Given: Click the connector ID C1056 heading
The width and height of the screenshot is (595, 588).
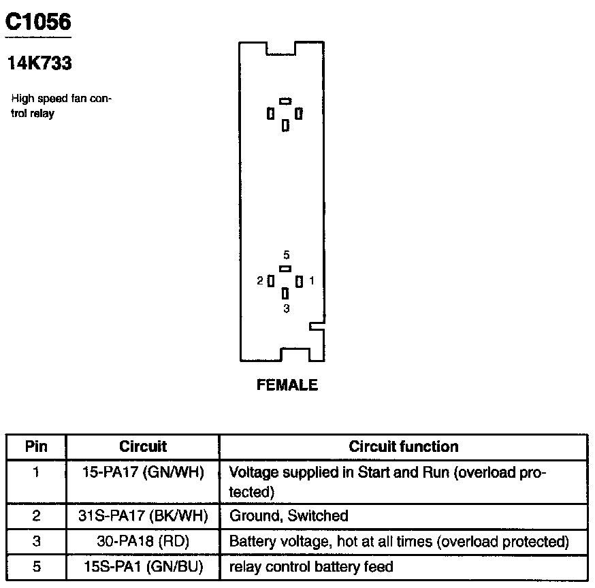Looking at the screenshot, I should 38,22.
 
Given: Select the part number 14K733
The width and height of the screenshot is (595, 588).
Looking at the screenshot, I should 39,64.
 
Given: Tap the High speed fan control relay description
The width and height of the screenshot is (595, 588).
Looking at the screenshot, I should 61,106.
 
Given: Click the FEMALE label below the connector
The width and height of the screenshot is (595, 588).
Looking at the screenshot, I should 287,385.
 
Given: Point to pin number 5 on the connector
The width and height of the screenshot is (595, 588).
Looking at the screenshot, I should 286,255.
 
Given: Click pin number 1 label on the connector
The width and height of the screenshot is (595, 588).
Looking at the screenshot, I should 311,280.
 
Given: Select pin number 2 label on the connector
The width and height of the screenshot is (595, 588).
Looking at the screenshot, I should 260,280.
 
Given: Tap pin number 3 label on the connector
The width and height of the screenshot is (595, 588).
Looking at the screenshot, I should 286,308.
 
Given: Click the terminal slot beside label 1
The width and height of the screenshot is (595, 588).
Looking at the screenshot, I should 299,280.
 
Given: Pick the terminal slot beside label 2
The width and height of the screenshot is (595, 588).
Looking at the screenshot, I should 271,280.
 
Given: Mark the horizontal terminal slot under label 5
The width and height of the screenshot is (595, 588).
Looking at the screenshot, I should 285,268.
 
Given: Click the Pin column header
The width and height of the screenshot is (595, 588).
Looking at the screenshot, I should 36,447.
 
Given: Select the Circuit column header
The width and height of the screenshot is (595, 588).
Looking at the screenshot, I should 143,447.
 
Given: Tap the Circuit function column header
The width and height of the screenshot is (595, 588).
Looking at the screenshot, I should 404,447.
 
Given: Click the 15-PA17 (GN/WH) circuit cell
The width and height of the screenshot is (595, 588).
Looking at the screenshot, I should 143,472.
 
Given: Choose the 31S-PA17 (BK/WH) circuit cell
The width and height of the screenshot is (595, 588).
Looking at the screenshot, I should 143,516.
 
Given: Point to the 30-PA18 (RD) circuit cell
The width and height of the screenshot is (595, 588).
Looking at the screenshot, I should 143,542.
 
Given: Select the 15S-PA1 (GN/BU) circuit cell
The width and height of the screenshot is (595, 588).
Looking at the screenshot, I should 143,566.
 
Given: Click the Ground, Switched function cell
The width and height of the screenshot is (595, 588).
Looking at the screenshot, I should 289,516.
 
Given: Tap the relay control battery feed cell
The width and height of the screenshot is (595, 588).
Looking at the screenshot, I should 311,566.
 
